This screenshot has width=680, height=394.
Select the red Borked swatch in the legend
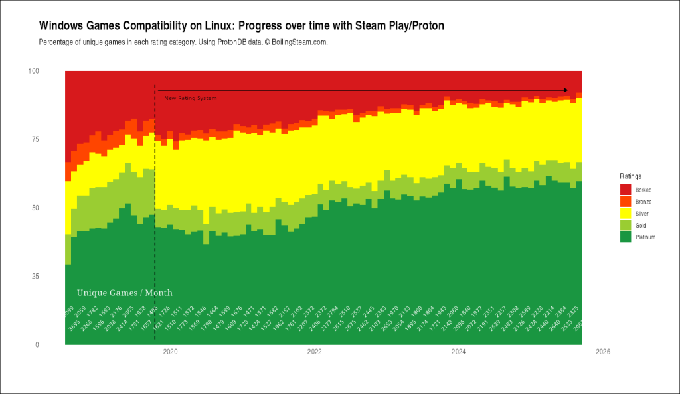coord(625,190)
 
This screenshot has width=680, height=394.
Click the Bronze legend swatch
coord(625,202)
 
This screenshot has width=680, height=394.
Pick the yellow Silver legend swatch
coord(625,214)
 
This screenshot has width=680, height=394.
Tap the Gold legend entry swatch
coord(625,226)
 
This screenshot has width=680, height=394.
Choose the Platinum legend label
coord(645,237)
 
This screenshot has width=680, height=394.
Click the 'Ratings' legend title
coord(630,176)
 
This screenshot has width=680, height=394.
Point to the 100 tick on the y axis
coord(33,71)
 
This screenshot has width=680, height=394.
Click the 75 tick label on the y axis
coord(35,139)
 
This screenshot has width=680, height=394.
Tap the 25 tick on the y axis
coord(35,277)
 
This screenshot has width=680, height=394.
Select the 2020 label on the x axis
coord(170,352)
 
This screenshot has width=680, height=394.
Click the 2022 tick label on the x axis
coord(314,352)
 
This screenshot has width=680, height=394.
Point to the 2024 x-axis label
coord(458,352)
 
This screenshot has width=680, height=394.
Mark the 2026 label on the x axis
coord(602,352)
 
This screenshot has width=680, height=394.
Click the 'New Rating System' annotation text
coord(190,98)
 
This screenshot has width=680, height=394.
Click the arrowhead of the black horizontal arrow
coord(565,90)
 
